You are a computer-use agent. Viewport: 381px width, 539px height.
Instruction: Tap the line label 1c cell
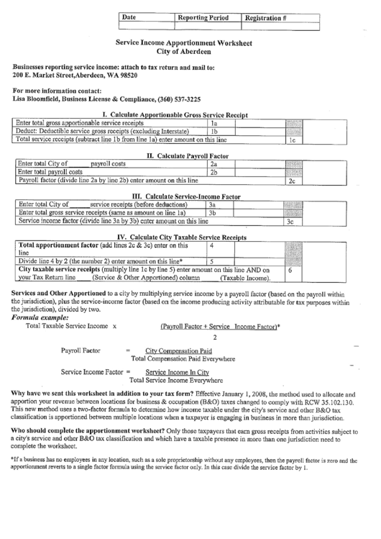click(x=293, y=141)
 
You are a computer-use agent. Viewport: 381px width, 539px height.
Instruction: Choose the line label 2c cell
click(x=292, y=182)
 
